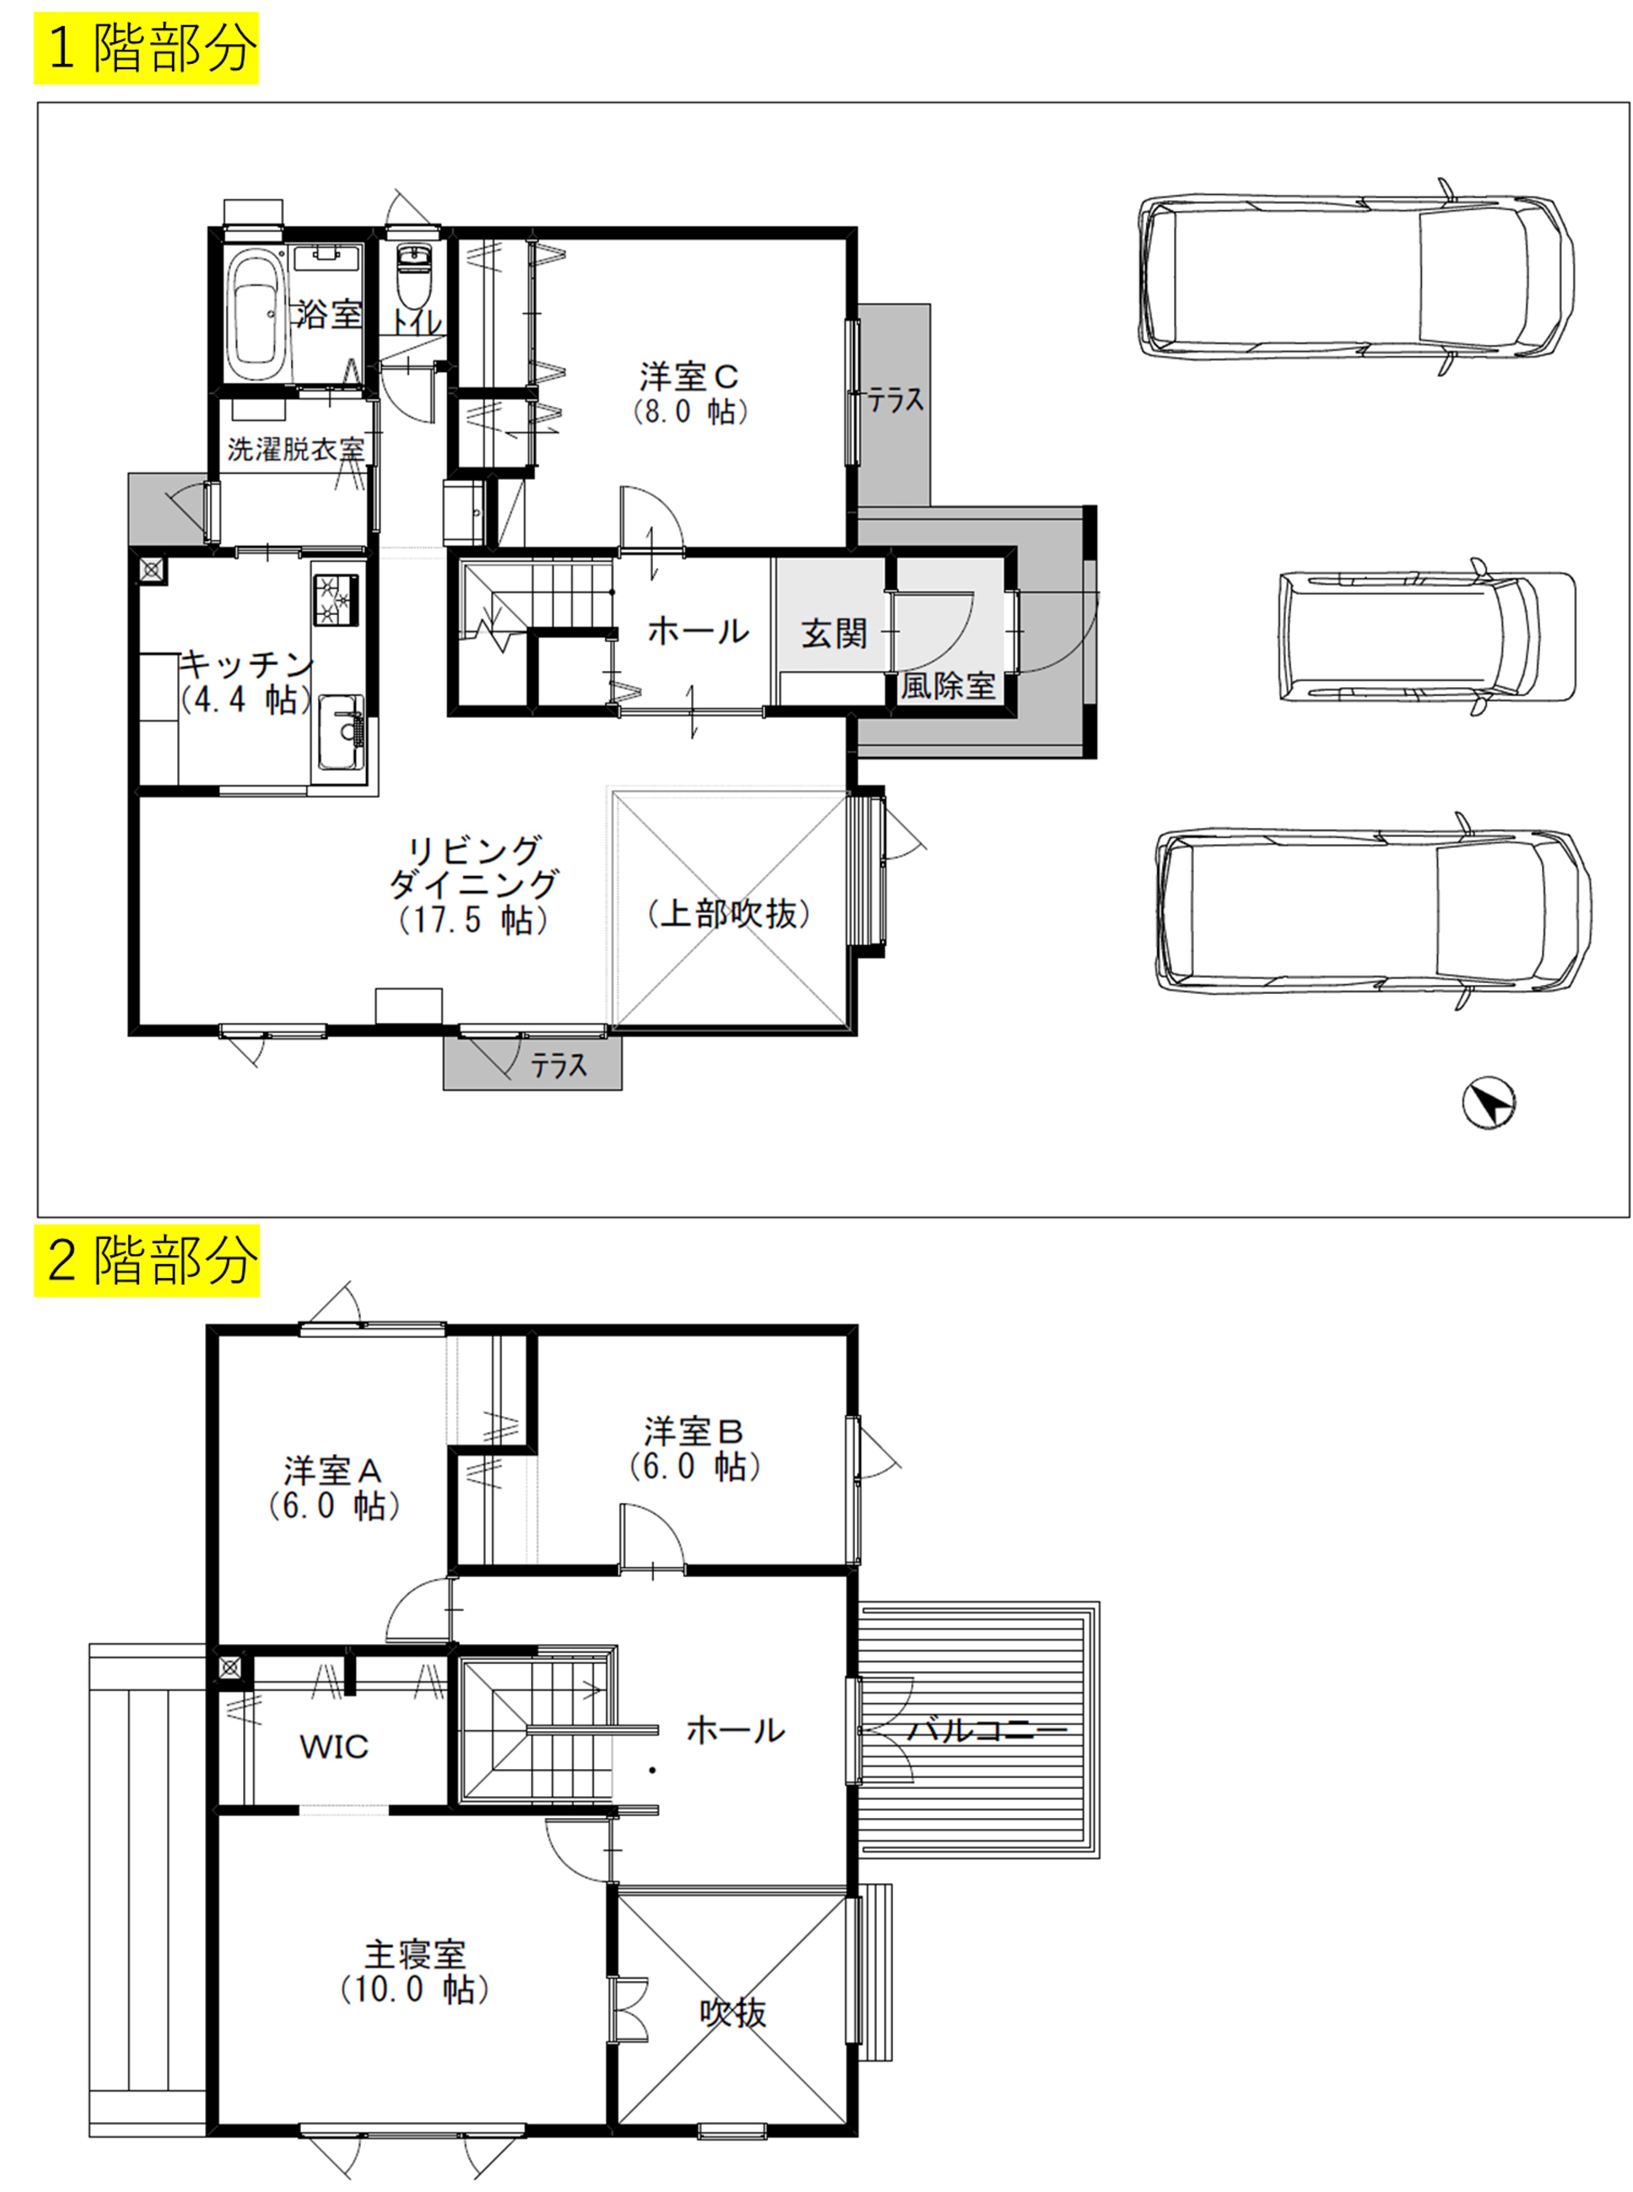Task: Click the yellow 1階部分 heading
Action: [146, 47]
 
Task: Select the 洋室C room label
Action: [689, 377]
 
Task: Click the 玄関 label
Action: [834, 633]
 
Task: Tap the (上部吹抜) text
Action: [730, 914]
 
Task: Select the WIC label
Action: [334, 1747]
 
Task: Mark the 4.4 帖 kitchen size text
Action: [247, 700]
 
